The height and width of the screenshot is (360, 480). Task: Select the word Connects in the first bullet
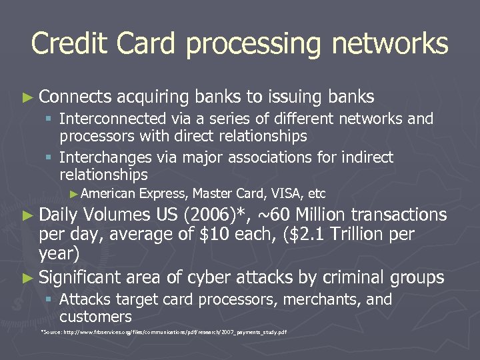pos(75,97)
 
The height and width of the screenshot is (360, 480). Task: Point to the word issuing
pos(295,98)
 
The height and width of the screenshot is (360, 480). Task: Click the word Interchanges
pos(102,158)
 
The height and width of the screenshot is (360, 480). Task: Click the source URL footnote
pos(164,331)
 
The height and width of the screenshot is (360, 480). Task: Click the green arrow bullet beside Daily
pos(26,215)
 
